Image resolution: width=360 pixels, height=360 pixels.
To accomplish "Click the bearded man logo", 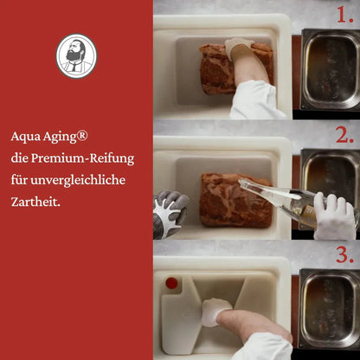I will pyautogui.click(x=76, y=55).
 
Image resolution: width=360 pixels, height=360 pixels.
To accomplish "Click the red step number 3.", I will pyautogui.click(x=346, y=256).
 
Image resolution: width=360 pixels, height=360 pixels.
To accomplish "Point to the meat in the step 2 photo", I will pyautogui.click(x=227, y=200).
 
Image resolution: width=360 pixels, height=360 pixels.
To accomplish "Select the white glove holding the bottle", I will pyautogui.click(x=334, y=216).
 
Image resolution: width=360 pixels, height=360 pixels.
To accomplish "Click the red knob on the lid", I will pyautogui.click(x=171, y=283).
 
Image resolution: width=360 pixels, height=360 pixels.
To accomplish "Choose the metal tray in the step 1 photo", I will pyautogui.click(x=330, y=69).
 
